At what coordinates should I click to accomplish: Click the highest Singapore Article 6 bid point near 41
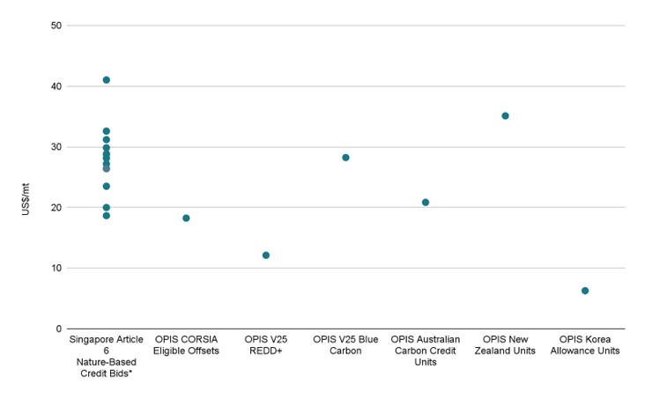click(107, 80)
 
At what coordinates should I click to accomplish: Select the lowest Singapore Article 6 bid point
click(107, 216)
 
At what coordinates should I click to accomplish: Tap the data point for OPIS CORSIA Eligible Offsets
click(186, 218)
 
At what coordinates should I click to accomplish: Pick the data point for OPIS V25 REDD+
click(266, 255)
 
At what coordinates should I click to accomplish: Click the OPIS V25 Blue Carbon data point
click(345, 158)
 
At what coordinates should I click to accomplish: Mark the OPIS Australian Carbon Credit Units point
click(426, 203)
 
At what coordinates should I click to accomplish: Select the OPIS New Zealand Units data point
click(505, 116)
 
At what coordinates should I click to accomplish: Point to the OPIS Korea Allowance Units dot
click(585, 291)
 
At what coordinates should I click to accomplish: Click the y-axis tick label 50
click(56, 26)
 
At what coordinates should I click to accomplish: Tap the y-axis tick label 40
click(56, 86)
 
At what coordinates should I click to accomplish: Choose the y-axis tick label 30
click(56, 147)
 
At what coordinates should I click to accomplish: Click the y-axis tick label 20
click(56, 208)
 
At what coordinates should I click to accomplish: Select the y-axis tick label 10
click(56, 269)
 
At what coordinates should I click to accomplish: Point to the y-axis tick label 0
click(59, 329)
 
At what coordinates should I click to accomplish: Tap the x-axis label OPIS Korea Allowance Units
click(585, 344)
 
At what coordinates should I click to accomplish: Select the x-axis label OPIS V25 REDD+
click(266, 344)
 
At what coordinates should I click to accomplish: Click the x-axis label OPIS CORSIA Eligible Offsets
click(186, 344)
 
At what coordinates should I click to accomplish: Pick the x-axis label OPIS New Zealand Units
click(505, 344)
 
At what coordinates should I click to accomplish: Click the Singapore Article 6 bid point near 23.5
click(107, 187)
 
